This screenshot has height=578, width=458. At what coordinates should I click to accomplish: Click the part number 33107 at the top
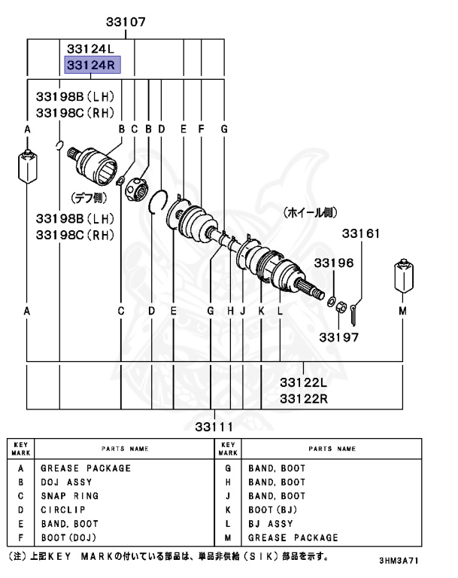[126, 23]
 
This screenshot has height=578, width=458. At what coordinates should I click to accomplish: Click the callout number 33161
[362, 234]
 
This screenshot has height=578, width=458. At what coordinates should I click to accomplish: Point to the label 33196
[333, 263]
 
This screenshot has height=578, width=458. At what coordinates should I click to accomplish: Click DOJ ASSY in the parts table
[66, 482]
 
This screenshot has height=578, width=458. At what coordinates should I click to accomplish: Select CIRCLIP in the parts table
[62, 510]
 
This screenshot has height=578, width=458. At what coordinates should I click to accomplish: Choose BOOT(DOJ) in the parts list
[69, 538]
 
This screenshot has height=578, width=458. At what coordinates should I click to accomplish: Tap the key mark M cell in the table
[228, 538]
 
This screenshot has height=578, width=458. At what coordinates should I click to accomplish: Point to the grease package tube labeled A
[27, 169]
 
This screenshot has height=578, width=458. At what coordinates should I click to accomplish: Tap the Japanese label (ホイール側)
[309, 213]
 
